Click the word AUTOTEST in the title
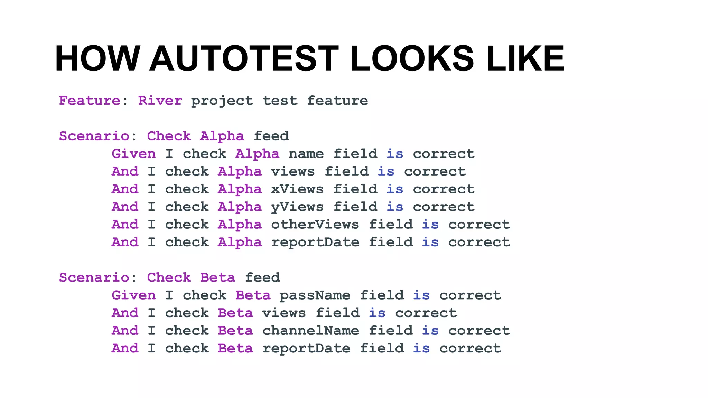pyautogui.click(x=244, y=59)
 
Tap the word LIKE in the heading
pyautogui.click(x=525, y=59)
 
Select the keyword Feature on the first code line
pyautogui.click(x=89, y=101)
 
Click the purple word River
pyautogui.click(x=160, y=101)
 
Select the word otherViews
pyautogui.click(x=315, y=225)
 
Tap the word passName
pyautogui.click(x=315, y=295)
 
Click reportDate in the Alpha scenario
pyautogui.click(x=315, y=242)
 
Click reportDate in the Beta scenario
pyautogui.click(x=306, y=348)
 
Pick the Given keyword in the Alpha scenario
pyautogui.click(x=133, y=154)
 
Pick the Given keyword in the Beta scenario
pyautogui.click(x=133, y=295)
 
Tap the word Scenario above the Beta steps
pyautogui.click(x=94, y=277)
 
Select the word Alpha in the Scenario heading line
pyautogui.click(x=222, y=136)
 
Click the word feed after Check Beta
pyautogui.click(x=262, y=277)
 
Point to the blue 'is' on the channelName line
pyautogui.click(x=430, y=331)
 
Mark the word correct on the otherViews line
pyautogui.click(x=479, y=225)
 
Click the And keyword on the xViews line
pyautogui.click(x=125, y=189)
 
